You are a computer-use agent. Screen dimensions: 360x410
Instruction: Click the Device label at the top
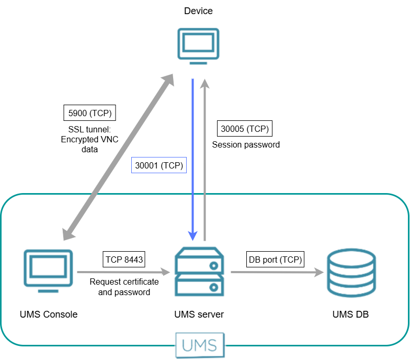(x=199, y=11)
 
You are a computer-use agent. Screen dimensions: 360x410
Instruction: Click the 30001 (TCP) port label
(x=159, y=165)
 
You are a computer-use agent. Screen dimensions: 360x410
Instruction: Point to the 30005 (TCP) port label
(x=244, y=129)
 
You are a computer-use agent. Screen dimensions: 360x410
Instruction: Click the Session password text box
(x=246, y=144)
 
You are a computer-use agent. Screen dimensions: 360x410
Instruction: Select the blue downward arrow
(x=193, y=157)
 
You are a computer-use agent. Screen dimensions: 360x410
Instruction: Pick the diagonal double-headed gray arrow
(x=119, y=157)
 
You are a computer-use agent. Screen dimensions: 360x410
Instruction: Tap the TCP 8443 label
(x=124, y=259)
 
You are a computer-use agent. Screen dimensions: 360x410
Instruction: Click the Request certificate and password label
(x=124, y=287)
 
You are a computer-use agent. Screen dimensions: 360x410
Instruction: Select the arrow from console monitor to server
(x=124, y=272)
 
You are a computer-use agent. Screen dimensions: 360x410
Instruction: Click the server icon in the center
(x=199, y=272)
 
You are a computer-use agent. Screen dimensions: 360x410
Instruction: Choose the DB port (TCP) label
(x=276, y=259)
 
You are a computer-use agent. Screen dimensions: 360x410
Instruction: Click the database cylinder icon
(x=350, y=272)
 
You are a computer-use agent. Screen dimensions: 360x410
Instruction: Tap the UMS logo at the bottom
(x=200, y=345)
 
